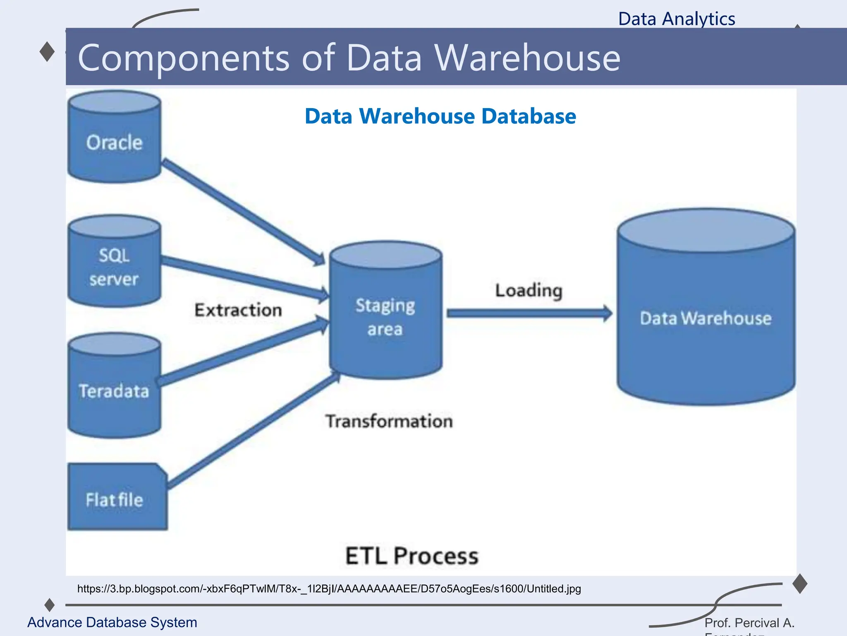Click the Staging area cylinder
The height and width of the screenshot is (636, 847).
[385, 315]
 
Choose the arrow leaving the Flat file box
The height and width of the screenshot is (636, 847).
[252, 431]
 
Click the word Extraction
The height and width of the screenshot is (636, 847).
[238, 310]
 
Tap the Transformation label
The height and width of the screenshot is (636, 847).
[389, 421]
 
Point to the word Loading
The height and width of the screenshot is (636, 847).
[529, 290]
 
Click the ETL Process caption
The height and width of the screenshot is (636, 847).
[412, 556]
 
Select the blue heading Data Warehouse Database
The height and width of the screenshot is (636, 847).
[440, 116]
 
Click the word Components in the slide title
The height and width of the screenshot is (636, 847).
[184, 58]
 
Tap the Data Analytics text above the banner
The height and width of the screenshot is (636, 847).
[677, 19]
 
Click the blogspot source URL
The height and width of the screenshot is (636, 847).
[329, 589]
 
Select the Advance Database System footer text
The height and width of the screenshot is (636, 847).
[112, 622]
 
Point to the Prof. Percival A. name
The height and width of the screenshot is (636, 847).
[749, 623]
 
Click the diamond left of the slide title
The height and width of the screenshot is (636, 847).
[47, 52]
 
